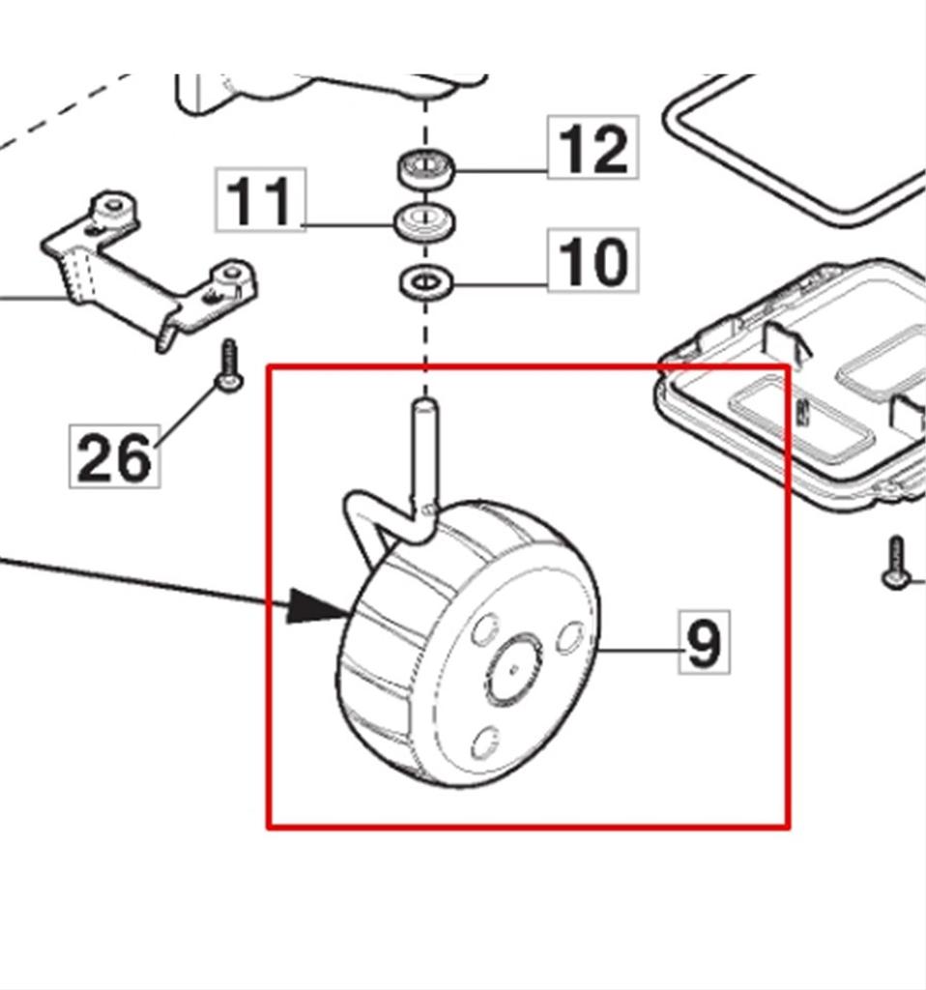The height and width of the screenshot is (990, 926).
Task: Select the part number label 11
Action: (260, 199)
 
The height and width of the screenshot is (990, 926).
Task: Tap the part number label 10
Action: (593, 260)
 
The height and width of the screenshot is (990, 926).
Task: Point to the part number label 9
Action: (704, 641)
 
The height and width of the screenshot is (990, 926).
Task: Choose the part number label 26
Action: (114, 456)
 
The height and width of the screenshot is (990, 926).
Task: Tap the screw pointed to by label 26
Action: (228, 367)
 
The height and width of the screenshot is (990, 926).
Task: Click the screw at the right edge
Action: (896, 563)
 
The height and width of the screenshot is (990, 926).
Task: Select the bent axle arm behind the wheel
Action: (372, 522)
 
